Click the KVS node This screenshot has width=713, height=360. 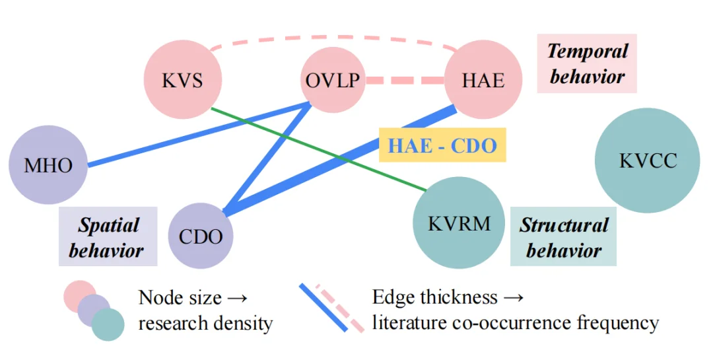point(183,81)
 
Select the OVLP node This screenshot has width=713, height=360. point(333,81)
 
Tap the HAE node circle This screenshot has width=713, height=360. point(483,81)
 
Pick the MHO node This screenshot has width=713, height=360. point(48,164)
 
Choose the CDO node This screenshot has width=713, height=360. point(201,236)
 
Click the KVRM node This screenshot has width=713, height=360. point(459,223)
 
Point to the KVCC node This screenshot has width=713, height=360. point(648,161)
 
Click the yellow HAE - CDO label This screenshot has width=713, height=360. point(442,145)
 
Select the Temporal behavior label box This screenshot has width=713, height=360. point(587,63)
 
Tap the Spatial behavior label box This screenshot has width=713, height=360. point(108,237)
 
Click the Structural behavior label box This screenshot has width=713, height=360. point(563,237)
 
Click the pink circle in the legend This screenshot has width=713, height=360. point(79,295)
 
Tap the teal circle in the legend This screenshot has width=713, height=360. point(108,324)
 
